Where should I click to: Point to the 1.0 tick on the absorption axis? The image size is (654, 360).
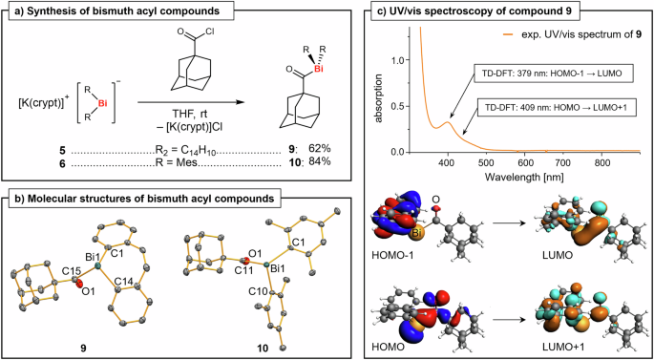pyautogui.click(x=399, y=59)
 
